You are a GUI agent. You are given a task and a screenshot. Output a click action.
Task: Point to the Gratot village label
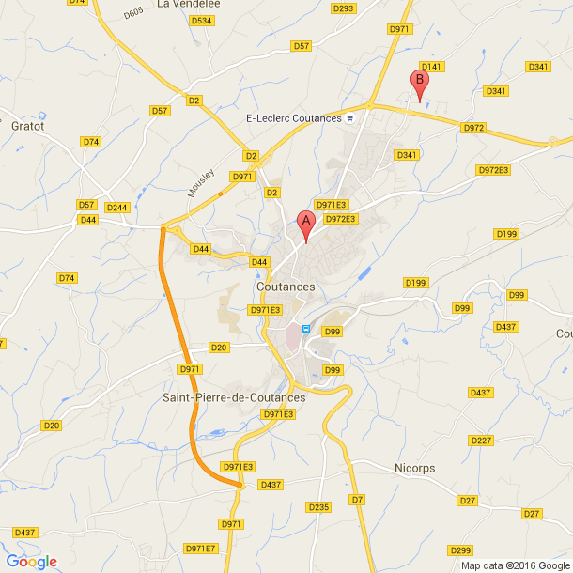point(27,125)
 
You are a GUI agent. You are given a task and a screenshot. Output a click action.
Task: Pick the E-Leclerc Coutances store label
point(293,118)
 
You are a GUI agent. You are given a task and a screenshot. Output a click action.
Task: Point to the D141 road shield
point(431,67)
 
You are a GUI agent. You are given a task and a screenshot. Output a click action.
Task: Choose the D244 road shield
point(117,207)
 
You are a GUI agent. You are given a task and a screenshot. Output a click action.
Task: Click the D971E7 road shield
point(200,549)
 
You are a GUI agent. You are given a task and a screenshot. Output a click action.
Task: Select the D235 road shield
point(319,507)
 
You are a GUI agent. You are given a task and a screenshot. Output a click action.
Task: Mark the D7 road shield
point(357,499)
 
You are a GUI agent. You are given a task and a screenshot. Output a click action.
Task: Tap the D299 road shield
point(460,550)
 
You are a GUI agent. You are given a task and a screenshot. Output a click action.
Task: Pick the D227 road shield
point(481,441)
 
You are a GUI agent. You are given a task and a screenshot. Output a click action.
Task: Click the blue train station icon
point(305,328)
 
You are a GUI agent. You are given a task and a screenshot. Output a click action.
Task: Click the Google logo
point(32,562)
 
